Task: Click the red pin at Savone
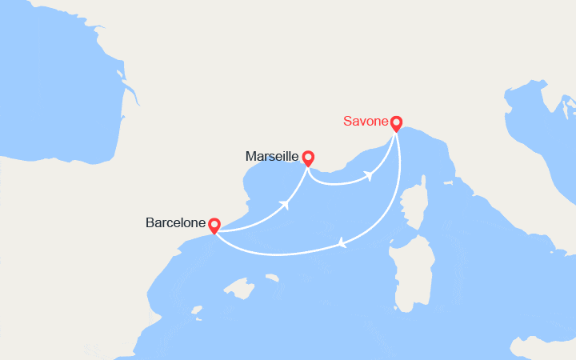396,124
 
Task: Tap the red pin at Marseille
308,158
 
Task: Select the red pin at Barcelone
214,226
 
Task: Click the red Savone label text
365,122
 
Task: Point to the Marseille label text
272,157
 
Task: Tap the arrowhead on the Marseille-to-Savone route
370,174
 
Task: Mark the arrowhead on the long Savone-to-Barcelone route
343,242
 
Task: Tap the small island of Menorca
273,278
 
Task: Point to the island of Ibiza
194,308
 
